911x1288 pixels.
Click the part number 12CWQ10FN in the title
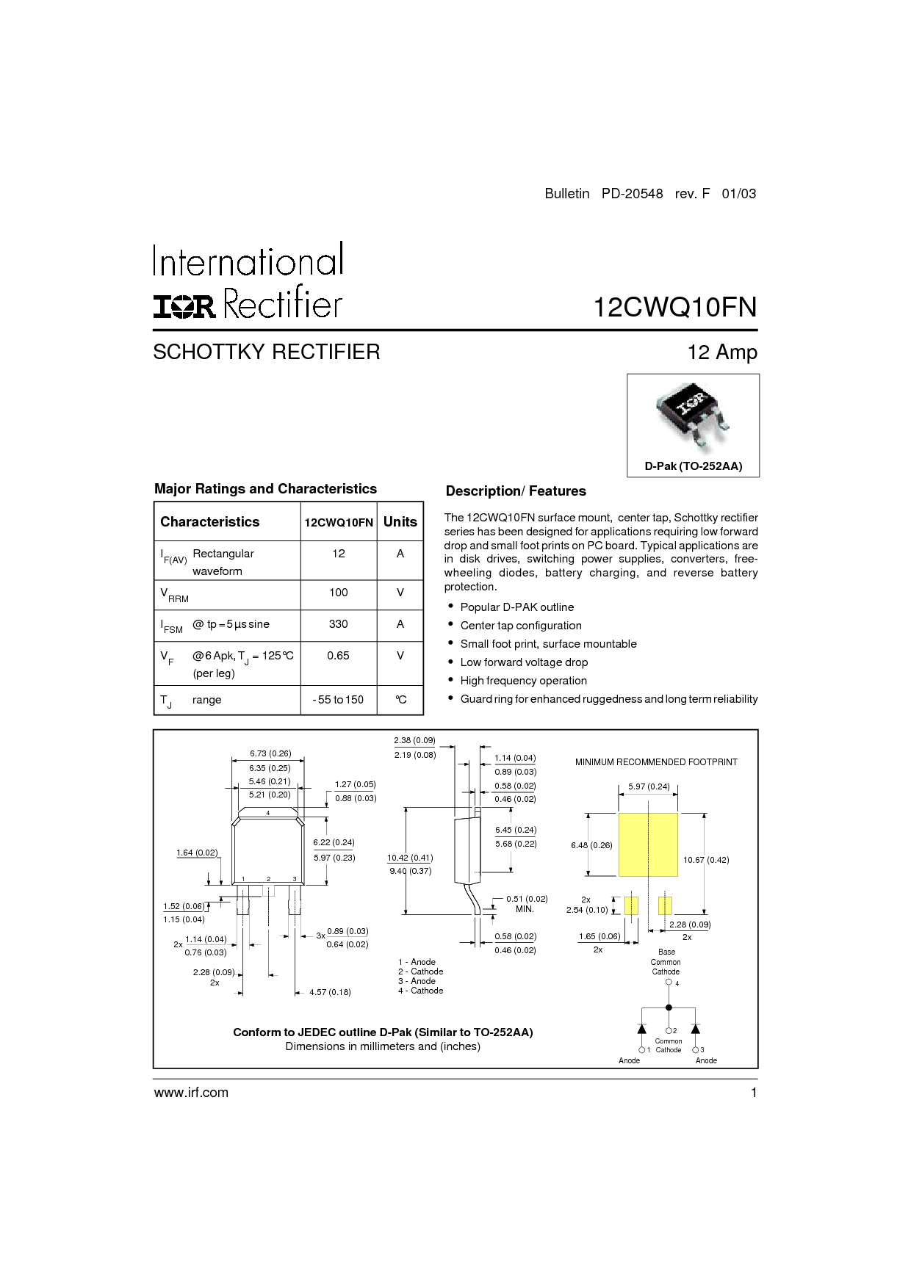pyautogui.click(x=674, y=307)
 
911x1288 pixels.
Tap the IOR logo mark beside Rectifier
pyautogui.click(x=184, y=307)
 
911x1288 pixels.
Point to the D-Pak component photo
pyautogui.click(x=693, y=416)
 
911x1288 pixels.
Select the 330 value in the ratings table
pyautogui.click(x=338, y=624)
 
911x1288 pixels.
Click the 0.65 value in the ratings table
pyautogui.click(x=338, y=655)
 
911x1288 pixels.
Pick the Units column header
pyautogui.click(x=400, y=521)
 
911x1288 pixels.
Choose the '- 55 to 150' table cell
pyautogui.click(x=338, y=700)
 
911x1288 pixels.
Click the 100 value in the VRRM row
pyautogui.click(x=338, y=593)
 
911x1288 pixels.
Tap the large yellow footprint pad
pyautogui.click(x=648, y=844)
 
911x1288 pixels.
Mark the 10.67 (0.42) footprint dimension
pyautogui.click(x=706, y=860)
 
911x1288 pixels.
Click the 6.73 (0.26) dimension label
pyautogui.click(x=270, y=753)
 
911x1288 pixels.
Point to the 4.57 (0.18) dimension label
pyautogui.click(x=330, y=992)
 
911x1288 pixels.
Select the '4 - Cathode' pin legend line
pyautogui.click(x=421, y=991)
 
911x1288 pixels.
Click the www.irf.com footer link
pyautogui.click(x=191, y=1093)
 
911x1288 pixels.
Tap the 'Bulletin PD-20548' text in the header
pyautogui.click(x=604, y=194)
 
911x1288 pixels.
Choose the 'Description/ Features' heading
pyautogui.click(x=516, y=491)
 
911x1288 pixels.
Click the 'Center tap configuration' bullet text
pyautogui.click(x=521, y=626)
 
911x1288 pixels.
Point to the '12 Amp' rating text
pyautogui.click(x=722, y=352)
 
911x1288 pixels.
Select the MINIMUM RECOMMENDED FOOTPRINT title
pyautogui.click(x=656, y=762)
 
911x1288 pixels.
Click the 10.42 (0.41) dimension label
pyautogui.click(x=410, y=858)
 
